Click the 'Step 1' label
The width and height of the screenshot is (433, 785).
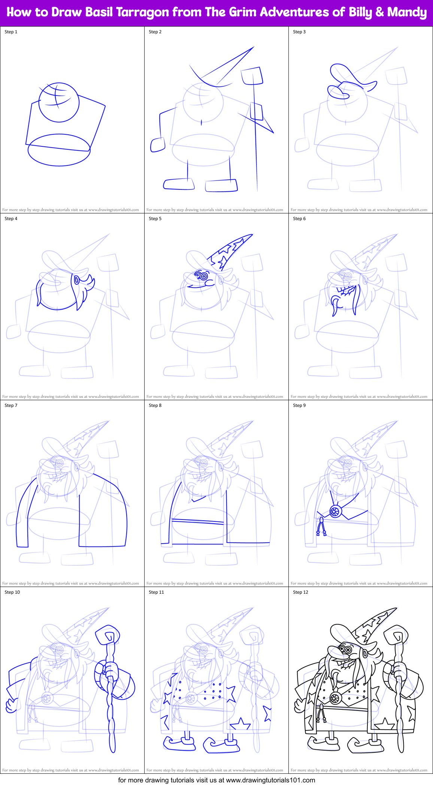[11, 32]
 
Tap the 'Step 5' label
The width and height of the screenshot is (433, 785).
[155, 219]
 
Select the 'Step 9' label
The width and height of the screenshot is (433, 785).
[299, 405]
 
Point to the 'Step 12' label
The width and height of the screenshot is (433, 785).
[300, 592]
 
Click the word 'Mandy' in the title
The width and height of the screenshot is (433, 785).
[407, 12]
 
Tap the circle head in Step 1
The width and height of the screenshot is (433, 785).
[59, 102]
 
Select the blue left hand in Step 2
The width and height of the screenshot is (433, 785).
[158, 145]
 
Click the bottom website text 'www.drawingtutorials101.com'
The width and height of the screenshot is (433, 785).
[270, 780]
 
